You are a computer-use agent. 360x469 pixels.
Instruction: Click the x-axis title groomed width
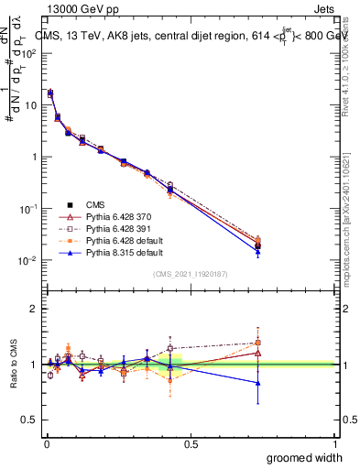pyautogui.click(x=305, y=456)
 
